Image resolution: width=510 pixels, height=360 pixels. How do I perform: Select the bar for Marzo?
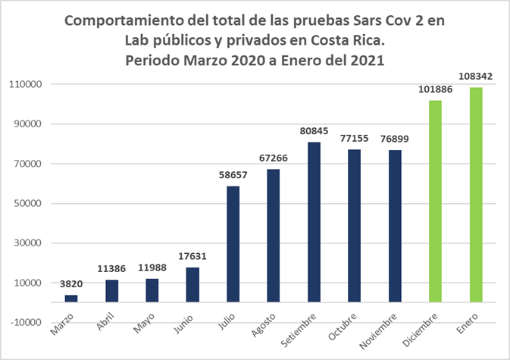(x=71, y=298)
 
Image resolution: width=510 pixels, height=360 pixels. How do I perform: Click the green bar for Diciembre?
(x=435, y=201)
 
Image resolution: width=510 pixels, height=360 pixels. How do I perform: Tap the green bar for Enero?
(x=476, y=194)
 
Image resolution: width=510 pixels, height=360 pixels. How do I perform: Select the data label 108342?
(x=476, y=77)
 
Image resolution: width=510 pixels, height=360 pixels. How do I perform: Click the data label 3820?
(x=71, y=284)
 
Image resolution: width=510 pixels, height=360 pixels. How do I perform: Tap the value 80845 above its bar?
(x=314, y=131)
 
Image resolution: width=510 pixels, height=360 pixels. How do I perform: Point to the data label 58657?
(x=233, y=175)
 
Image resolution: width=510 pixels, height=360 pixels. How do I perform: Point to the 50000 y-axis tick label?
(x=27, y=204)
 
